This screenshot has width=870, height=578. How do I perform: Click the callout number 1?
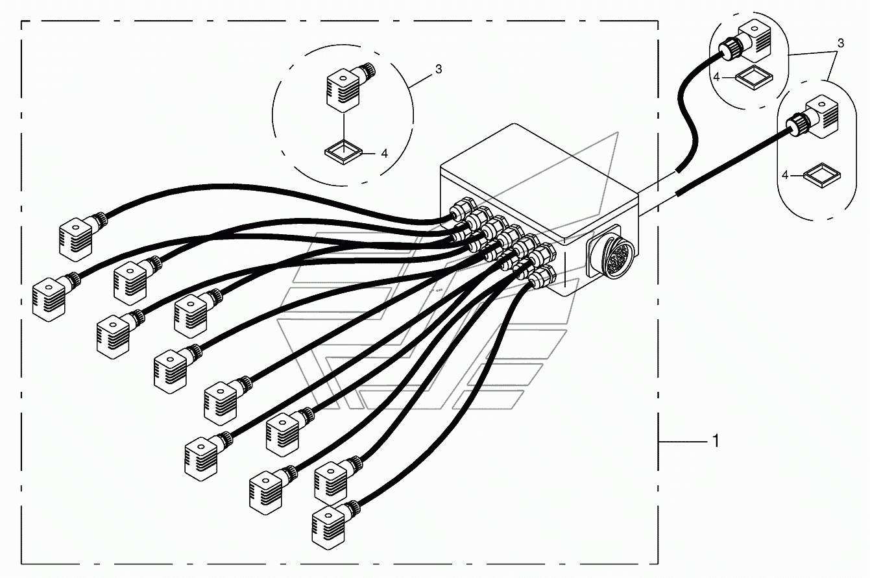(716, 441)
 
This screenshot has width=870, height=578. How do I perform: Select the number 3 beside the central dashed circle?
(439, 69)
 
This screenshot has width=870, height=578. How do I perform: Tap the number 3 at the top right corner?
(841, 43)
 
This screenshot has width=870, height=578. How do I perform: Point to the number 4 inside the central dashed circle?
(384, 154)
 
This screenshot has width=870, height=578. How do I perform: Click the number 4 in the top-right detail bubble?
(717, 77)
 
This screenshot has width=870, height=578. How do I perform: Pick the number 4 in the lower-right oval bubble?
(785, 176)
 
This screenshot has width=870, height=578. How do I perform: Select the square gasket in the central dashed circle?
(343, 152)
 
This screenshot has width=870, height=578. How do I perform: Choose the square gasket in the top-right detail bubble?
(754, 77)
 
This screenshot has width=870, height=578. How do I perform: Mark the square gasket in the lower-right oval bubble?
(822, 175)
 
